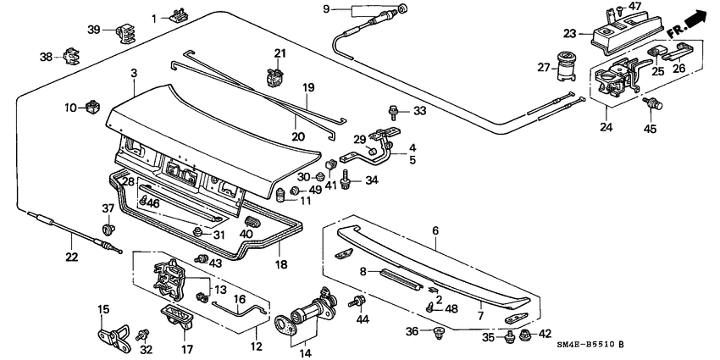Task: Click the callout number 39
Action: click(x=94, y=30)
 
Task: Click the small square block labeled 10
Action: click(x=92, y=108)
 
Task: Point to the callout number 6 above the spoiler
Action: click(x=435, y=230)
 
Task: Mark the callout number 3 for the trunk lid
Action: click(x=133, y=75)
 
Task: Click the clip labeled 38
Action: click(x=71, y=57)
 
